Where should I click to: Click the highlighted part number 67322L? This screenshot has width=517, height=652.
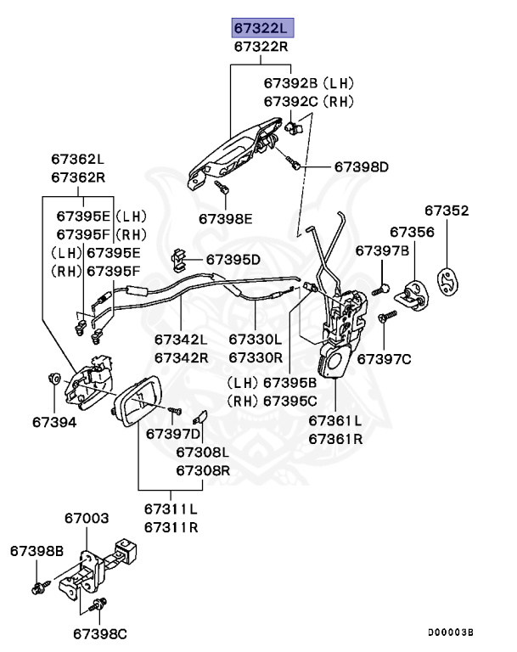261,28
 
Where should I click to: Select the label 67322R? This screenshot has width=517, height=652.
261,48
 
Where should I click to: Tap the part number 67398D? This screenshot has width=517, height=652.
360,166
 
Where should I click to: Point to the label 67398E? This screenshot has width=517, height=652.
226,218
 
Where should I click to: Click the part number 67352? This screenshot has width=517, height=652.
447,211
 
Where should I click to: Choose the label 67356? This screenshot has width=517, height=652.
413,232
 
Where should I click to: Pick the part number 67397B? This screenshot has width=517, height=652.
382,250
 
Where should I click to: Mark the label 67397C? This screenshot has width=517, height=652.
384,359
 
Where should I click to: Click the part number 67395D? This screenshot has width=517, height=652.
233,259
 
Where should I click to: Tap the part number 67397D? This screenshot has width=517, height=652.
173,434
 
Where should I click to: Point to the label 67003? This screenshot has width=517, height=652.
87,518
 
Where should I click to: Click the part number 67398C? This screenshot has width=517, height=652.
99,633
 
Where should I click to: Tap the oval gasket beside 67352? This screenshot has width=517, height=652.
447,285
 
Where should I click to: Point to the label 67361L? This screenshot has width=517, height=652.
334,421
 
